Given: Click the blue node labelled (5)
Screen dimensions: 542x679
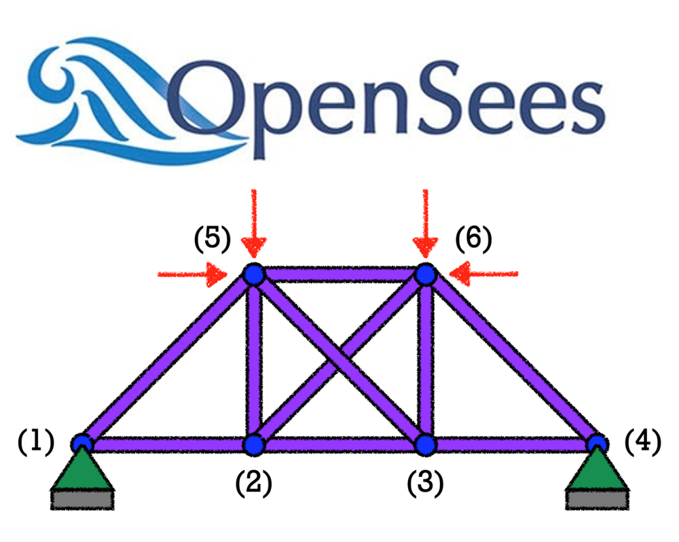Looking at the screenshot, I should coord(253,274).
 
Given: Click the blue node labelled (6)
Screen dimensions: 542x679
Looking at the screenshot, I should coord(426,274).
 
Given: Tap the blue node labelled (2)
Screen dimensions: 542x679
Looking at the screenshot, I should coord(253,445).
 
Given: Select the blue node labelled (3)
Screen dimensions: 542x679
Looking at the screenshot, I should coord(426,445).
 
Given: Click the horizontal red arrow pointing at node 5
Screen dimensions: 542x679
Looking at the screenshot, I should coord(193,274).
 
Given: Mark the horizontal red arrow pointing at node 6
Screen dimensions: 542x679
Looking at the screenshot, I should coord(485,274).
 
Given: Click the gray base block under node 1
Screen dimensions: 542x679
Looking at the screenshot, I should coord(82,499).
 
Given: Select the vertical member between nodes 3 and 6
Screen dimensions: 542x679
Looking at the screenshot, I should coord(426,360).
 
